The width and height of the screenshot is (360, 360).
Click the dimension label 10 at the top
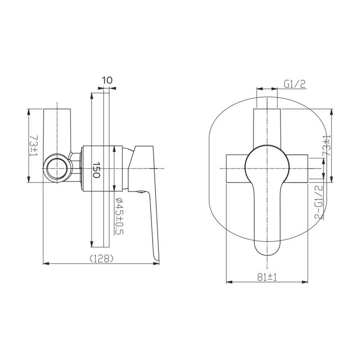pos(107,81)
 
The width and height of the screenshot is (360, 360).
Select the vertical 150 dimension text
pos(96,170)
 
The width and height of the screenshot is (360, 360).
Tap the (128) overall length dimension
pos(102,259)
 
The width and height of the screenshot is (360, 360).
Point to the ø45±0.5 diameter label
pos(119,216)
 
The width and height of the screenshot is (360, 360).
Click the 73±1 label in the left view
pos(34,145)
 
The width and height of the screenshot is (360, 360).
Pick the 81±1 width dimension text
pos(267,277)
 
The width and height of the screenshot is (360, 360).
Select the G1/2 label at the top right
pos(295,84)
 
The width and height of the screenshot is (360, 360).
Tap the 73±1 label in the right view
pos(326,145)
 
